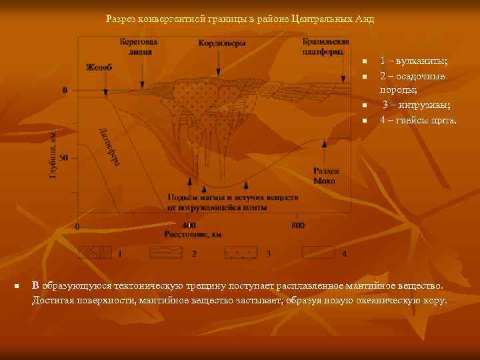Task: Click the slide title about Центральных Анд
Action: [240, 19]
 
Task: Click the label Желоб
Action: [99, 67]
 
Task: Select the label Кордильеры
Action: [222, 44]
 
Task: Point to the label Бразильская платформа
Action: [325, 46]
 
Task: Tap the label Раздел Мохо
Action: [327, 175]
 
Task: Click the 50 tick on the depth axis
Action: [65, 158]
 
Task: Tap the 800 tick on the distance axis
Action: [298, 225]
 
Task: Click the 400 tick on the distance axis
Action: [189, 225]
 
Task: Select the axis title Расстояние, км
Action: [193, 234]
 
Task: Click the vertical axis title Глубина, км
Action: [53, 154]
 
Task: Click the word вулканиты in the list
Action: [419, 61]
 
